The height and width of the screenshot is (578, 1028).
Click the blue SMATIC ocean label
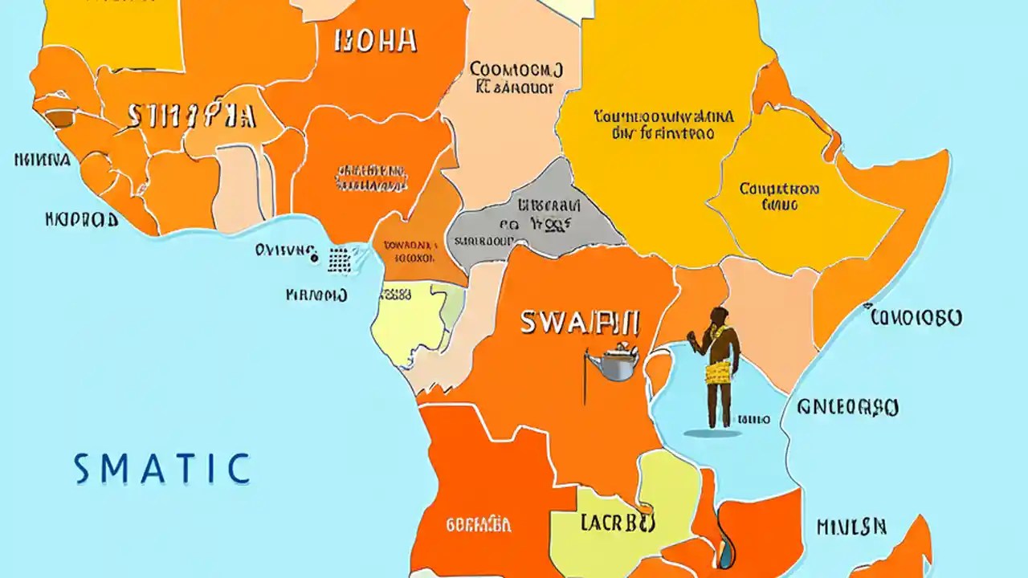click(161, 469)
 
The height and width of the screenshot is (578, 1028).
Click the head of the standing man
click(719, 316)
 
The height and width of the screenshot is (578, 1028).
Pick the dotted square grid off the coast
click(340, 258)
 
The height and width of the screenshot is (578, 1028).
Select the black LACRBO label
click(617, 523)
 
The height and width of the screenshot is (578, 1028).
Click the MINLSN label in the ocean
click(851, 527)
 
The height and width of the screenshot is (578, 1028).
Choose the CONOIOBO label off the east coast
click(916, 318)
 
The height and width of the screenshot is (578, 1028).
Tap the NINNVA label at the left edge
click(42, 160)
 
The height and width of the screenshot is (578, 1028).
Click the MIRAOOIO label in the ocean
click(316, 295)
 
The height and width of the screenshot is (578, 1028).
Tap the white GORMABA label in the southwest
click(478, 526)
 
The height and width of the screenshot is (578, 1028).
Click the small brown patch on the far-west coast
click(59, 119)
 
